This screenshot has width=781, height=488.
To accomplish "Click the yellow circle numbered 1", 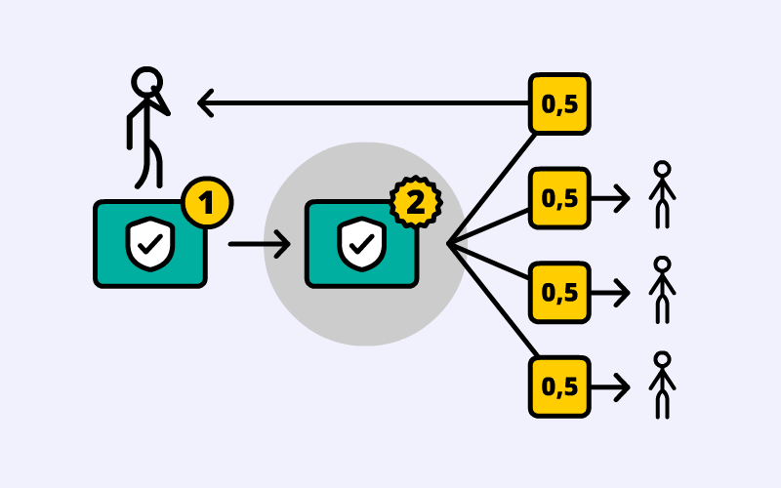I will point(206,203).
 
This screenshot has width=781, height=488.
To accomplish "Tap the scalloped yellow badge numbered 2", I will point(416,203).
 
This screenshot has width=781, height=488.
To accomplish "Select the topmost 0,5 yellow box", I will point(559,103).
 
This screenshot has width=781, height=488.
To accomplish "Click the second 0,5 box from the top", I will point(559,198).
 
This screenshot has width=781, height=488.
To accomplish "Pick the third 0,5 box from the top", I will point(559,292).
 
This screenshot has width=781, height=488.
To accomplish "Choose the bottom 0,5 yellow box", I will point(559,386).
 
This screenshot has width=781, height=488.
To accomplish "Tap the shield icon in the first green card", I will point(150,244).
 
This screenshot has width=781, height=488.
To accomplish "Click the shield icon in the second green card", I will point(361,244).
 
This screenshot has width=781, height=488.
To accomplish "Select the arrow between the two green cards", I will point(259,244).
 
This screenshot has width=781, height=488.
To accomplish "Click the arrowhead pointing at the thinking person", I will point(205,102).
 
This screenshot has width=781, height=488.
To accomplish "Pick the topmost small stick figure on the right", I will point(663,195).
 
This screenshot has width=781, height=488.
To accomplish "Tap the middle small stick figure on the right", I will point(663,290).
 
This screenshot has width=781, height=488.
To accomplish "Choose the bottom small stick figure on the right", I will point(663,385).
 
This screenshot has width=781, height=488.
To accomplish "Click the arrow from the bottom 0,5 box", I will point(611,386).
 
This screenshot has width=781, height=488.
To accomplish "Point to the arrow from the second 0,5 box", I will point(611,198).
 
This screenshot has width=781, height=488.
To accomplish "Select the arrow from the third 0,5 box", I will point(611,292).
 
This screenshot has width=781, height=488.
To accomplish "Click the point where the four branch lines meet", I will point(449,244).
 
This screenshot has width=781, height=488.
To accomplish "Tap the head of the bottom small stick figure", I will point(663,359).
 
